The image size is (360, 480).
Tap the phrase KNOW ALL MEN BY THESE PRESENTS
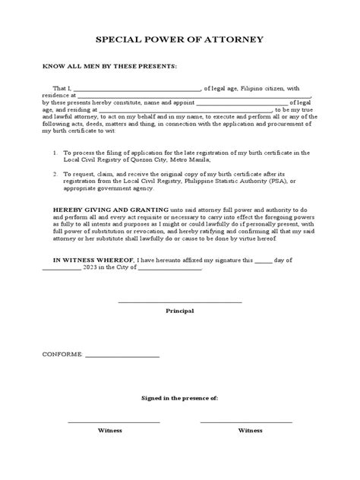[109, 67]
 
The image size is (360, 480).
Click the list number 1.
[55, 153]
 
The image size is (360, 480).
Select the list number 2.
[55, 174]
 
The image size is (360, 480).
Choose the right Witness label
[250, 430]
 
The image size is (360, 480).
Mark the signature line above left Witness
[114, 422]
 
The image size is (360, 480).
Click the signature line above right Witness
[246, 422]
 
